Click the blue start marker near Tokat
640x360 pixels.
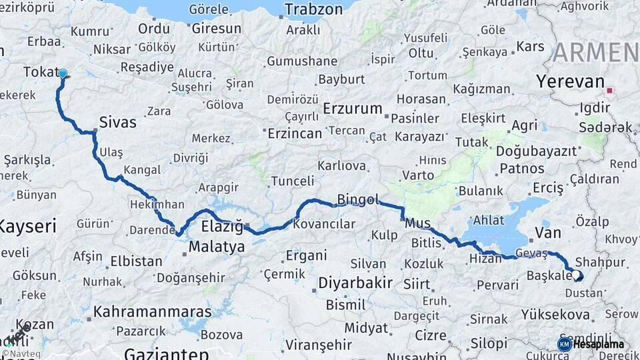pyautogui.click(x=63, y=74)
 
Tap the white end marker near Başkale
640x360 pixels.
pyautogui.click(x=576, y=274)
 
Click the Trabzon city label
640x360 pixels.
pyautogui.click(x=313, y=9)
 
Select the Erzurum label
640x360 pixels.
pyautogui.click(x=353, y=108)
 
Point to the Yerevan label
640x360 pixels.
pyautogui.click(x=569, y=81)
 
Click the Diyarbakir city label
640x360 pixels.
pyautogui.click(x=355, y=283)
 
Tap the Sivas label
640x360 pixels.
pyautogui.click(x=117, y=122)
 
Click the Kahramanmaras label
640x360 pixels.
pyautogui.click(x=152, y=311)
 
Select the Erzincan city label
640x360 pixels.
pyautogui.click(x=294, y=133)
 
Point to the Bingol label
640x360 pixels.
pyautogui.click(x=358, y=199)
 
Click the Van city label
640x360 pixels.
pyautogui.click(x=547, y=233)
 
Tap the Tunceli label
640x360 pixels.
pyautogui.click(x=292, y=181)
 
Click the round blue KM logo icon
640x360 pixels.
pyautogui.click(x=564, y=344)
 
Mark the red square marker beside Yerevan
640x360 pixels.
pyautogui.click(x=609, y=90)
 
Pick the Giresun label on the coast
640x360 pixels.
pyautogui.click(x=217, y=29)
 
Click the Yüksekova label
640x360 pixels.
pyautogui.click(x=555, y=314)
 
